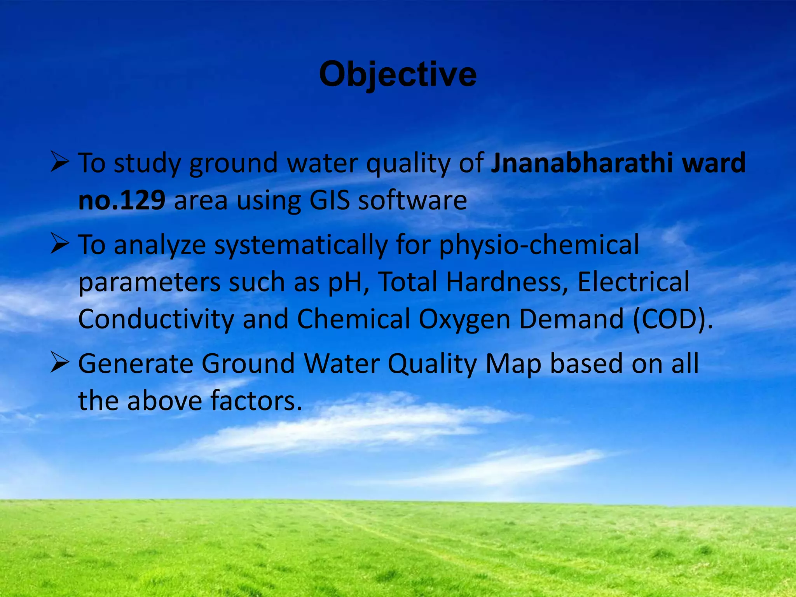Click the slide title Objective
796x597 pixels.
click(x=398, y=75)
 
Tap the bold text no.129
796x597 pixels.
click(x=122, y=201)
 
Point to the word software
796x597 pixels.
click(x=412, y=201)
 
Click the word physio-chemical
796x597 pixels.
click(x=539, y=245)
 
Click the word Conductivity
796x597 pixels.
click(x=156, y=319)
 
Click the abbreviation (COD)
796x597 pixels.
click(x=673, y=319)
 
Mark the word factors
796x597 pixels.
click(x=257, y=401)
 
